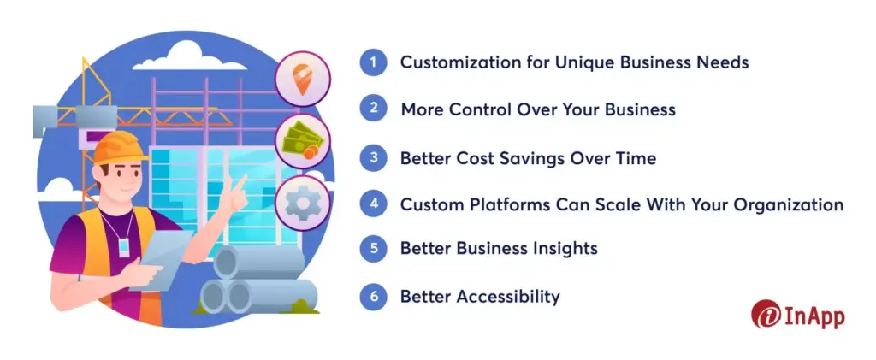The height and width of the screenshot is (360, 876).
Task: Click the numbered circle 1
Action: [x=373, y=62]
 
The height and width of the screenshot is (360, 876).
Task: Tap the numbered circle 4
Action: [x=373, y=205]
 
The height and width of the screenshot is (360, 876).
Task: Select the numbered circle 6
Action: [x=373, y=297]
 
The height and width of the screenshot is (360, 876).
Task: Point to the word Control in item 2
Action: [x=481, y=109]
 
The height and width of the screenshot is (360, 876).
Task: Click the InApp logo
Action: [x=797, y=314]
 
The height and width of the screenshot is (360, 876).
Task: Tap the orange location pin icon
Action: [x=302, y=78]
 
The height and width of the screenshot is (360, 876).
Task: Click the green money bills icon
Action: [x=302, y=141]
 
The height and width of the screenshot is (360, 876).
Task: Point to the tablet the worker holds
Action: [x=159, y=261]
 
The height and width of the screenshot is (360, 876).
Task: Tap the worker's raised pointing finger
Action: [x=240, y=183]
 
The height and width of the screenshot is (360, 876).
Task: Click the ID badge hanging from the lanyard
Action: [x=123, y=246]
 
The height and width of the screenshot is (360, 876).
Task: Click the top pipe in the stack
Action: [x=257, y=261]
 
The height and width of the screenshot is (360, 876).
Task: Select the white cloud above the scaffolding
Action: [x=189, y=57]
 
